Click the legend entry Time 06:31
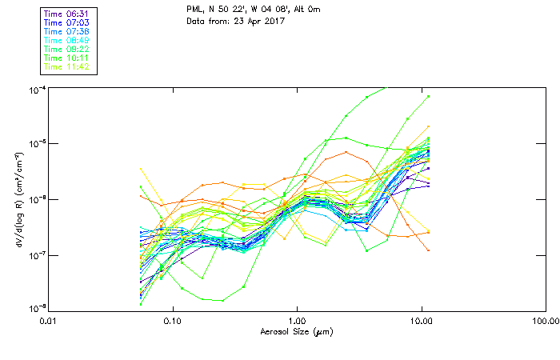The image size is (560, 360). click(67, 14)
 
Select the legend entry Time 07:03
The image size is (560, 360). click(67, 22)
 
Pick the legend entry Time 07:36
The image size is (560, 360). click(67, 31)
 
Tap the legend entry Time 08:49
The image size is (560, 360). click(67, 40)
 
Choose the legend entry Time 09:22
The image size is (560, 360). click(67, 49)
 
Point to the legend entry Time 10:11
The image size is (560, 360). click(67, 58)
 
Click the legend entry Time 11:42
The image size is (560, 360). click(67, 66)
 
